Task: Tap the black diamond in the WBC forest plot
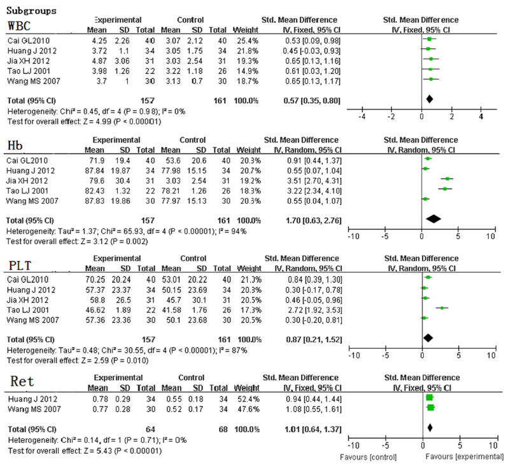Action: point(430,99)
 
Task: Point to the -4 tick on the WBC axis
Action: point(362,116)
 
